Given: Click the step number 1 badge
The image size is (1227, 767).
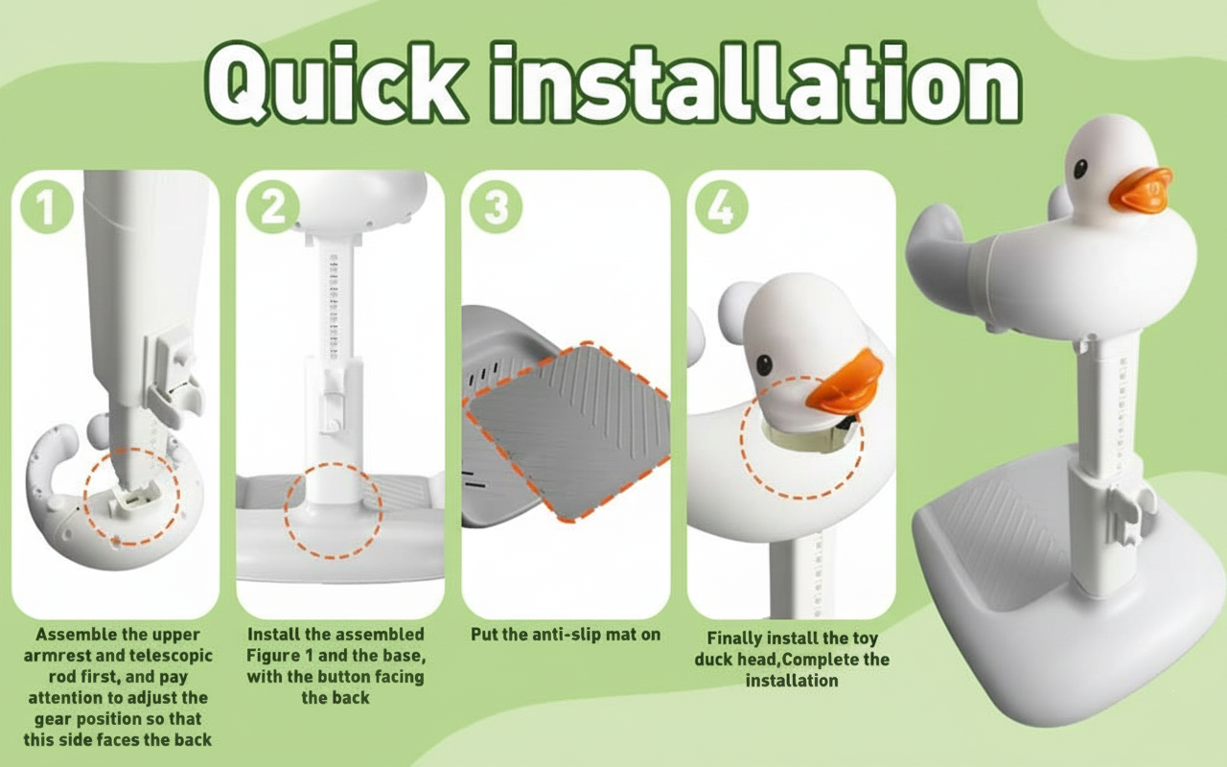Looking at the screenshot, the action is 47,208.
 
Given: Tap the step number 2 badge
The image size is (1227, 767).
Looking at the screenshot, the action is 272,208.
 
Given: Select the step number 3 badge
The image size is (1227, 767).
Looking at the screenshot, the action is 497,208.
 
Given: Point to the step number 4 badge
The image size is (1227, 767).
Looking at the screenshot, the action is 722,208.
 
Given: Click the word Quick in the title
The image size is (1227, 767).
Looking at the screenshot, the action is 336,82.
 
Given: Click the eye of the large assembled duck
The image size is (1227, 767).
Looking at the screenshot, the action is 1080,169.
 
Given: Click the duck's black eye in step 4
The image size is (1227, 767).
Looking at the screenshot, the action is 764,365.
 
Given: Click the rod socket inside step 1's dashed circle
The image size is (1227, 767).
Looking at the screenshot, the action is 133,496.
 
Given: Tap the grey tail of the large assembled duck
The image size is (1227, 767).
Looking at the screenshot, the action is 934,241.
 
